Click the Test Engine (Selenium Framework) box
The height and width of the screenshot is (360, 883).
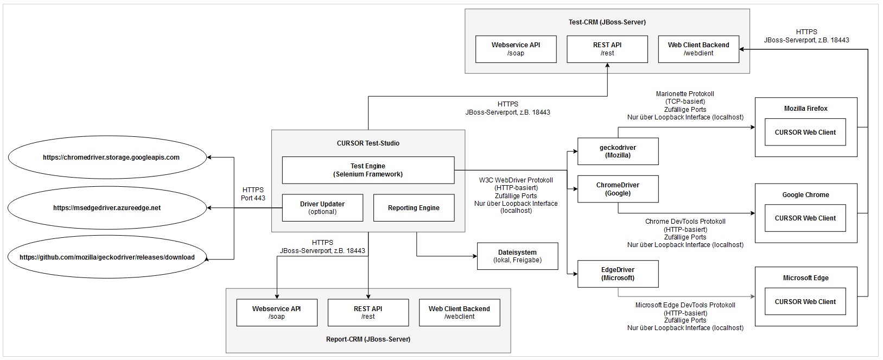368,170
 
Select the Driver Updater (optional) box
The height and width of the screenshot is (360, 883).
322,207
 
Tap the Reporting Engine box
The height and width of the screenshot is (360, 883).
414,207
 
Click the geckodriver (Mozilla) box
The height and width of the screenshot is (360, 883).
618,151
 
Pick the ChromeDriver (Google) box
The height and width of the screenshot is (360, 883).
618,189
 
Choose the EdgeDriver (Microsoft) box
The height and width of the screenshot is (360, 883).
618,274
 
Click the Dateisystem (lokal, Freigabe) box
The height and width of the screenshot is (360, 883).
517,256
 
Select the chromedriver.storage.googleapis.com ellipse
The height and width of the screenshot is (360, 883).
107,157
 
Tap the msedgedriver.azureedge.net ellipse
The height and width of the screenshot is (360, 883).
107,207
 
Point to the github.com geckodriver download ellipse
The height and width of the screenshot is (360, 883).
107,257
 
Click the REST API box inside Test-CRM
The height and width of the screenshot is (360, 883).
607,49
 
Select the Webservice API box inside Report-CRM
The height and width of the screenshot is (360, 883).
276,312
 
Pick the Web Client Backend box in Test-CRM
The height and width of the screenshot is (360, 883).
698,49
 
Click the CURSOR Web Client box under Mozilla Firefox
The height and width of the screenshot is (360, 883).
805,132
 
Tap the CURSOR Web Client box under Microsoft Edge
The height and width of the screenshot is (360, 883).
805,301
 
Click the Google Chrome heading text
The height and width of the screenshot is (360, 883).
805,195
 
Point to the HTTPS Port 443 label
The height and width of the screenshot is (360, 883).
253,194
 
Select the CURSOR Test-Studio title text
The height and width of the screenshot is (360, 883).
368,143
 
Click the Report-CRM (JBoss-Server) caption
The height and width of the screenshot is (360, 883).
368,339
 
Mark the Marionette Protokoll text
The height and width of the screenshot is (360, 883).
685,94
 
